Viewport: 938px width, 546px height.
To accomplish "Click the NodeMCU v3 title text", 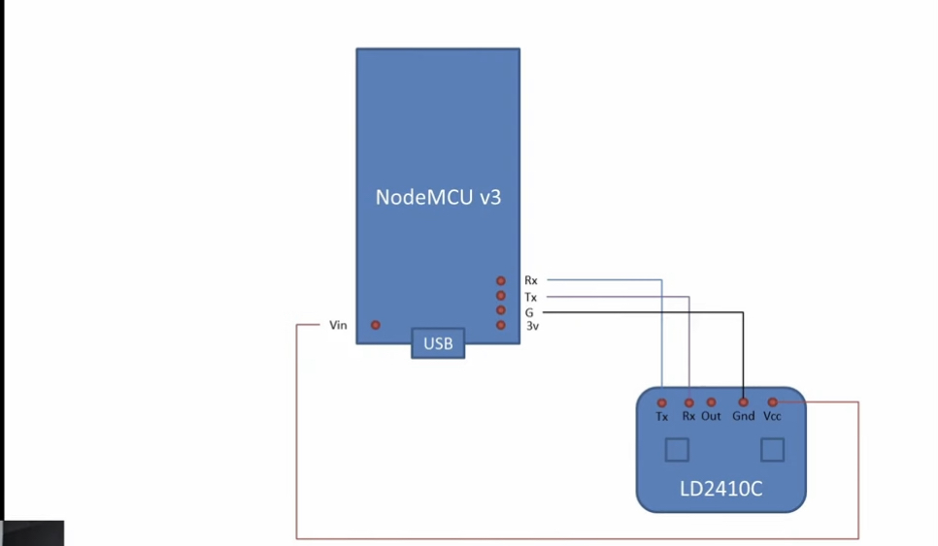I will pos(438,197).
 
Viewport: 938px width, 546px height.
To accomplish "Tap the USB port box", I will pos(438,343).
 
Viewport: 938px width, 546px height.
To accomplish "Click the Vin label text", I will pos(338,325).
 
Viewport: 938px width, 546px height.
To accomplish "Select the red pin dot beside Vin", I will pos(376,325).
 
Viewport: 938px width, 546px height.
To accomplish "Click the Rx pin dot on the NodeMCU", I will pos(501,280).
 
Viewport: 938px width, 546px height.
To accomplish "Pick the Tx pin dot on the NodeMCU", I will pos(501,296).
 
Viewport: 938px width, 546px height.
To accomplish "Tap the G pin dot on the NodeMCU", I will pos(501,310).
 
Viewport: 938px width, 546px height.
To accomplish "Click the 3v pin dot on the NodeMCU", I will pos(501,325).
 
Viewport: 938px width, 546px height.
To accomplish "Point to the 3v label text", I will pos(532,327).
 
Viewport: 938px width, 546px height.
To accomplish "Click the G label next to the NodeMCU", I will pos(529,312).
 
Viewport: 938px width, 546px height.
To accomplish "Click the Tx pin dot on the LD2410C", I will pos(662,402).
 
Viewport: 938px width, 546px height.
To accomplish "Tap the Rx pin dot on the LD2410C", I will pos(689,402).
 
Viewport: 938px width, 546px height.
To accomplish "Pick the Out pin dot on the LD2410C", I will pos(711,401).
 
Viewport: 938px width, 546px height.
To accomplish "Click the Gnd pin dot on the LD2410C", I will pos(743,401).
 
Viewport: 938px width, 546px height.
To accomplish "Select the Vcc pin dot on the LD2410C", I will pos(773,401).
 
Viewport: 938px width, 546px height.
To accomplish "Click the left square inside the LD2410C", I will pos(676,450).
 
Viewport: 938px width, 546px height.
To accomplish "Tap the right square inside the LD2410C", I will pos(772,449).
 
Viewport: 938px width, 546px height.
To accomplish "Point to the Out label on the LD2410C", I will pos(711,416).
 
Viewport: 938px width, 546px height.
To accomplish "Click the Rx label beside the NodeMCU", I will pos(530,281).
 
